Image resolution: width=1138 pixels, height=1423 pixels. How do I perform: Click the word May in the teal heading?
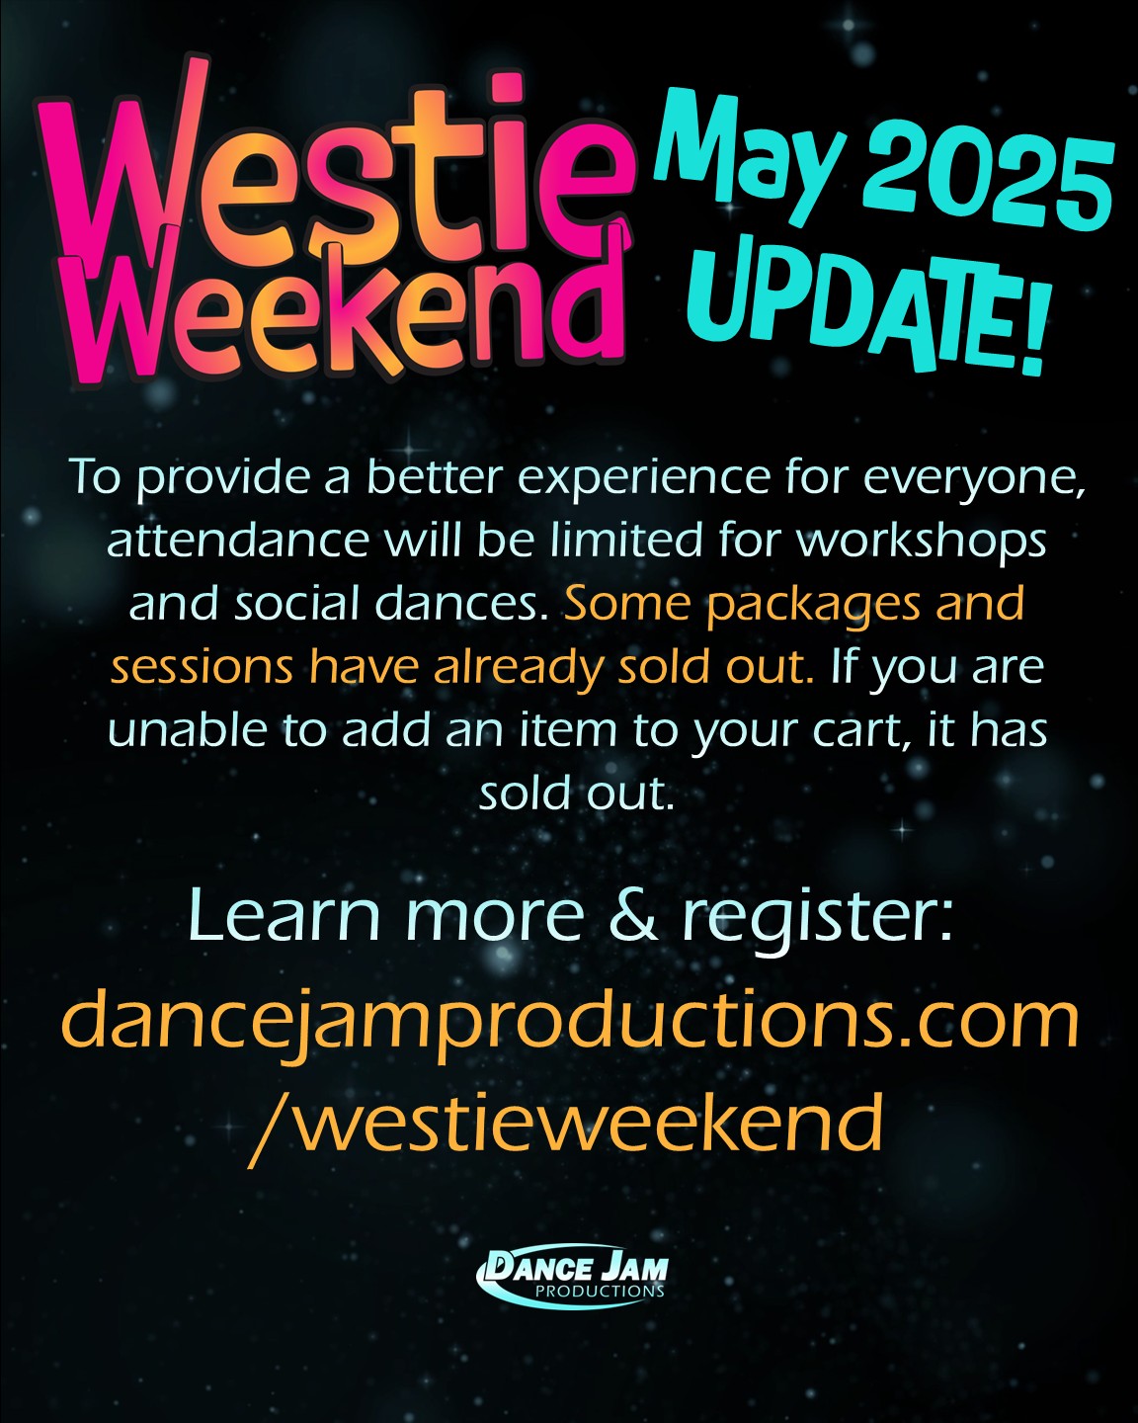751,155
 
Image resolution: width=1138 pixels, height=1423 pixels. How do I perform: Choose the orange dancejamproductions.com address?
570,1022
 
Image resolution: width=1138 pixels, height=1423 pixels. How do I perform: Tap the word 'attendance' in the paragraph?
238,542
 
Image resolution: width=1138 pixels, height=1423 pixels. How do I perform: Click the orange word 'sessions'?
202,669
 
